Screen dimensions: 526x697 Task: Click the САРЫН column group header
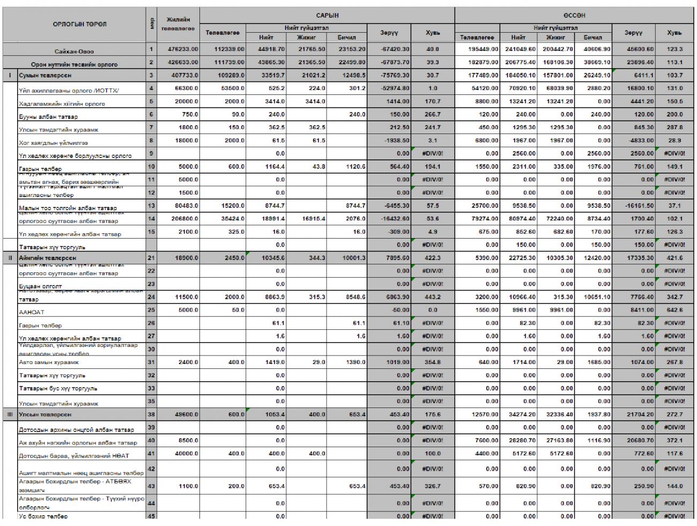(x=327, y=16)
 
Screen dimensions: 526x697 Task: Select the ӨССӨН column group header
(x=574, y=16)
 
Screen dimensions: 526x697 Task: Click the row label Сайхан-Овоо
(x=74, y=51)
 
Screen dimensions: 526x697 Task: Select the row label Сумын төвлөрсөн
(x=46, y=76)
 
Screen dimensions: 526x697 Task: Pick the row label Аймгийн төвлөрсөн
(x=48, y=258)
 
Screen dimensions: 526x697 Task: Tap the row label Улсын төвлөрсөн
(x=45, y=414)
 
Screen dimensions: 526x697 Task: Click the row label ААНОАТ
(x=32, y=311)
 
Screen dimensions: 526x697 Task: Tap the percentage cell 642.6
(x=674, y=310)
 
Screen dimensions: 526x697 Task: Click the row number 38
(x=151, y=414)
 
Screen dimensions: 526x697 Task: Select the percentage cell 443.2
(x=432, y=297)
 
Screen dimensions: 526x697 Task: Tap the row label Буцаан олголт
(x=40, y=286)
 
